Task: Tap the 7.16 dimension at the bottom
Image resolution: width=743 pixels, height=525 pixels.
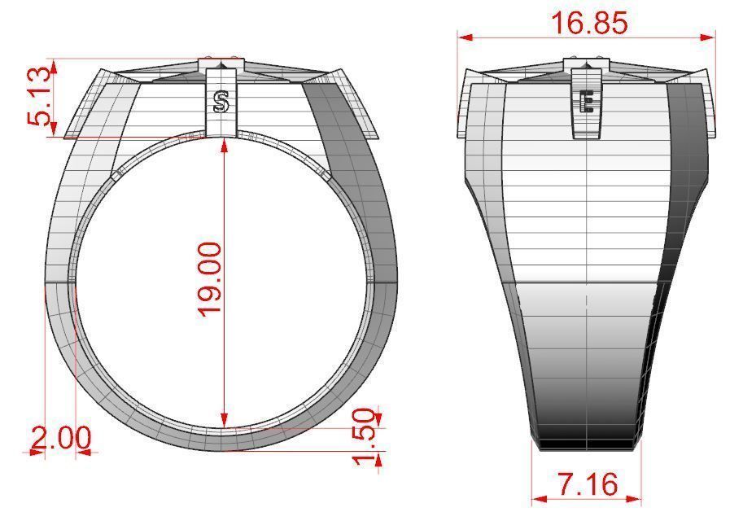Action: pos(588,484)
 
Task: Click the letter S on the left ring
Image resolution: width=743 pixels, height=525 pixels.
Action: pos(220,102)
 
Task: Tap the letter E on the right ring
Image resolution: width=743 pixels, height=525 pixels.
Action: pos(586,102)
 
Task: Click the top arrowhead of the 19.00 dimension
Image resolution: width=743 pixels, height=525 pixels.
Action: pos(223,143)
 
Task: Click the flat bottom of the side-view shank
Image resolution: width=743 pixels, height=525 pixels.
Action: pos(586,445)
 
